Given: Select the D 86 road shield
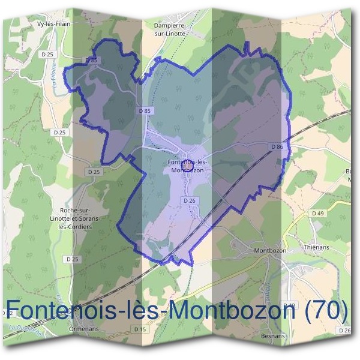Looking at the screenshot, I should pyautogui.click(x=276, y=146).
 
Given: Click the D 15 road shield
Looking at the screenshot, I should pyautogui.click(x=140, y=329).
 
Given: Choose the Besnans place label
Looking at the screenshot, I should pyautogui.click(x=273, y=337).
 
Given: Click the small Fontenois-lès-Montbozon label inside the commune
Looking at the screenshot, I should pyautogui.click(x=188, y=166).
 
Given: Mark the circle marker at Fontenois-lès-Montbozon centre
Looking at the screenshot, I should pyautogui.click(x=186, y=164).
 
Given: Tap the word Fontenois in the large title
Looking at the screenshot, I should pyautogui.click(x=72, y=310).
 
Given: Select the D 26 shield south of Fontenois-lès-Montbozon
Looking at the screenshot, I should pyautogui.click(x=189, y=200).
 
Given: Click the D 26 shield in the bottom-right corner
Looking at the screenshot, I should pyautogui.click(x=344, y=331).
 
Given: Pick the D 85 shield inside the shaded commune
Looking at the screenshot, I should pyautogui.click(x=144, y=110).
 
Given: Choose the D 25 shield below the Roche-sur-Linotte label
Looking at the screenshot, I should pyautogui.click(x=72, y=259).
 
